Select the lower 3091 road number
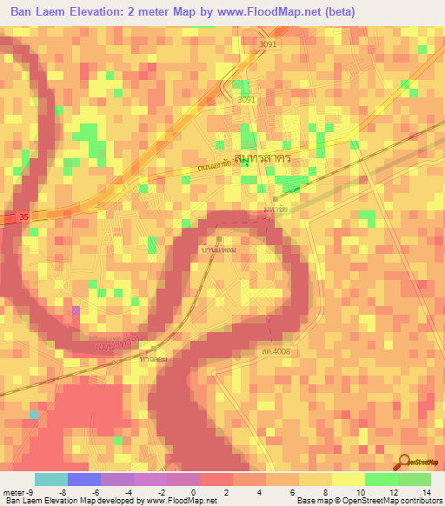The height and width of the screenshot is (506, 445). (x=247, y=100)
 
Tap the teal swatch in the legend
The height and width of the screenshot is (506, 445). (x=50, y=479)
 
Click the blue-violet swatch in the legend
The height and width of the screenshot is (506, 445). (x=83, y=479)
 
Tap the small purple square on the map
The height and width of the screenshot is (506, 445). (x=76, y=310)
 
